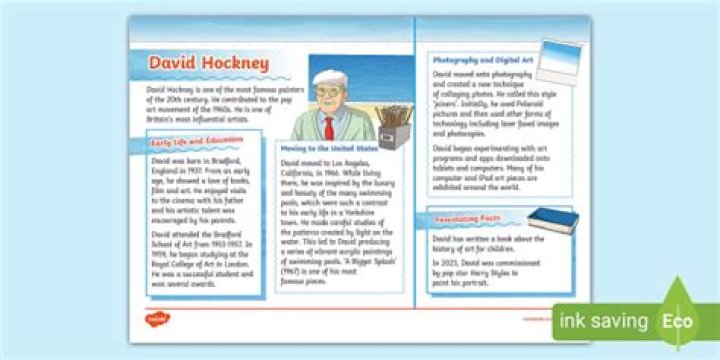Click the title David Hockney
208,65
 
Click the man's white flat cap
330,78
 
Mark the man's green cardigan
310,125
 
